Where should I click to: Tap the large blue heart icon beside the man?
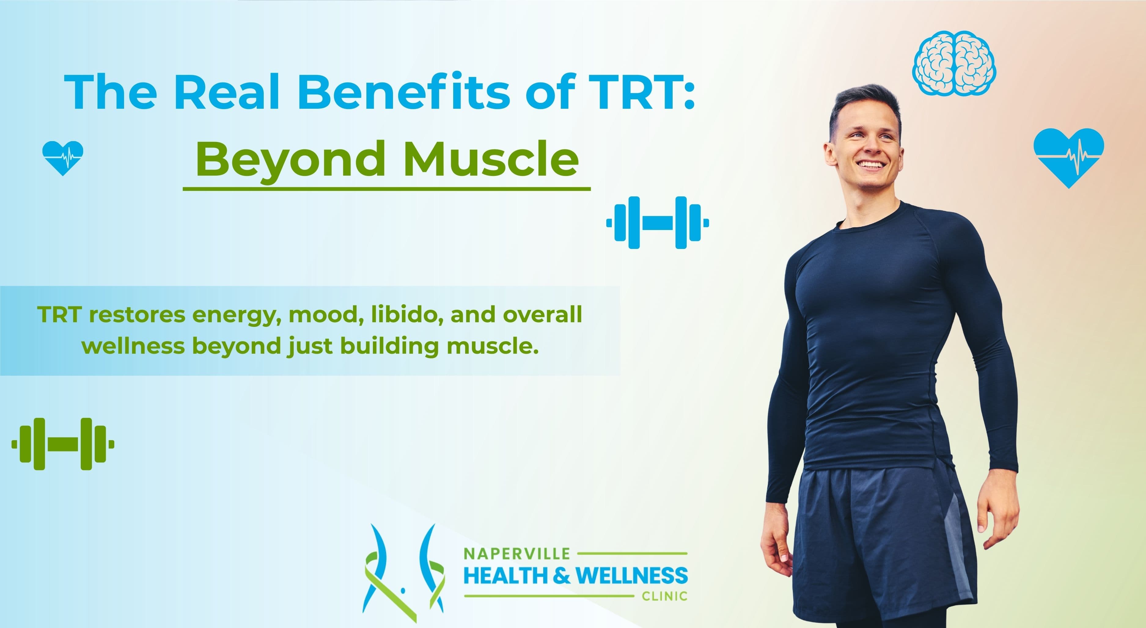pos(1069,155)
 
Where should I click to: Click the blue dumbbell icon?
pos(658,222)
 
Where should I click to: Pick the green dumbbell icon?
pos(63,444)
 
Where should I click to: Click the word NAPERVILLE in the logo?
pos(516,554)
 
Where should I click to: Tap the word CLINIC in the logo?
pos(664,596)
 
